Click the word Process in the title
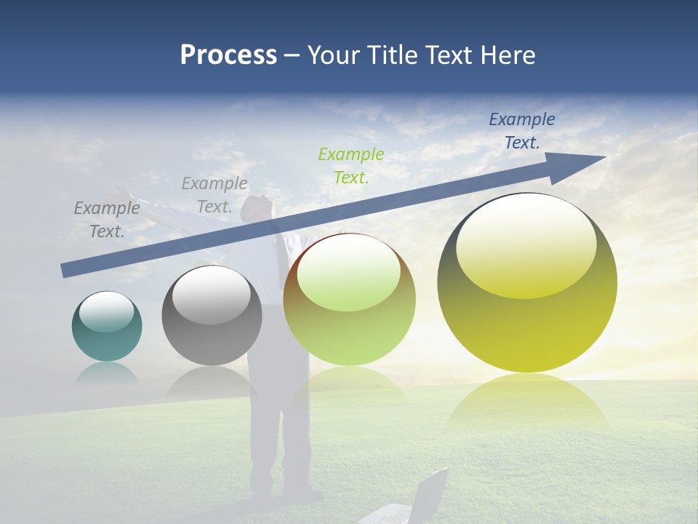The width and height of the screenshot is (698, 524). [228, 55]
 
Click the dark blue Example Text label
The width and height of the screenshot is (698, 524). [522, 131]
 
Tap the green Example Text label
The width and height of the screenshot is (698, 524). [351, 166]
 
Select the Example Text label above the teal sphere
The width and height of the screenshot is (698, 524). [107, 220]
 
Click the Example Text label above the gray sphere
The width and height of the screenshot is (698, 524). [214, 195]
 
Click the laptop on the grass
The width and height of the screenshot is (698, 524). [422, 499]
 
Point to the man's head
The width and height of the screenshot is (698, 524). [256, 207]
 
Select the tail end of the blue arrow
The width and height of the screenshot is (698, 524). [65, 270]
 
